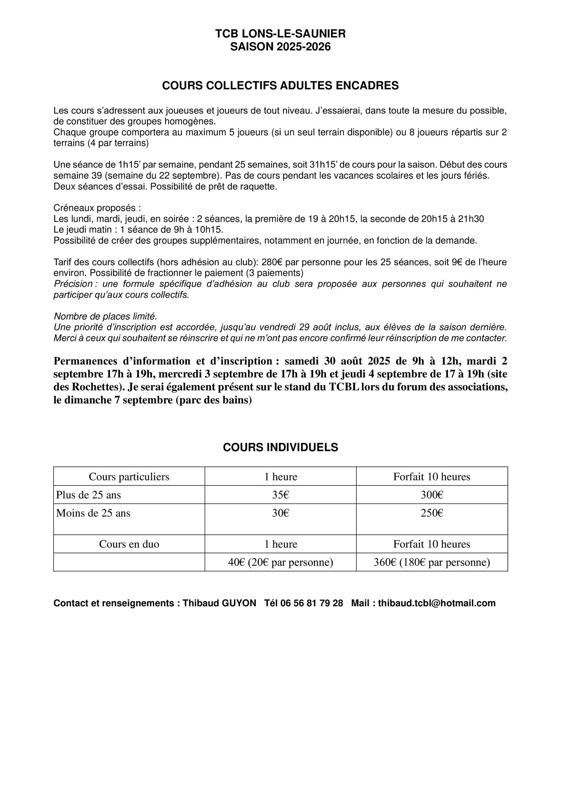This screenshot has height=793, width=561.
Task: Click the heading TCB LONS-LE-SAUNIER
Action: [280, 34]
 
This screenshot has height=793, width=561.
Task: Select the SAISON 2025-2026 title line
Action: [280, 47]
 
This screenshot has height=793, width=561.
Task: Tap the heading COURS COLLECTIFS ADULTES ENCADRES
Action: [280, 86]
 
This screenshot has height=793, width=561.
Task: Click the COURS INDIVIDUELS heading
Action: [280, 447]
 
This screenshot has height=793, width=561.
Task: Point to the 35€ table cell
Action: [280, 495]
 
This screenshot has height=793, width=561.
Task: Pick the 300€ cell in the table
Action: [432, 495]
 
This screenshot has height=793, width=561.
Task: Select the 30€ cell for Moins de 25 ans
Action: [280, 513]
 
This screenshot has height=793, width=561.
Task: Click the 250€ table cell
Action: [432, 513]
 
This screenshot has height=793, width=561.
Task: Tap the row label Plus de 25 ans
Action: [88, 495]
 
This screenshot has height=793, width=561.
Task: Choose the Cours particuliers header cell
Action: [129, 476]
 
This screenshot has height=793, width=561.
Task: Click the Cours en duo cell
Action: [129, 544]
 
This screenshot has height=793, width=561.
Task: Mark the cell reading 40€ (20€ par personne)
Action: [280, 562]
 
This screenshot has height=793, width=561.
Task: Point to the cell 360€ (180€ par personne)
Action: [432, 562]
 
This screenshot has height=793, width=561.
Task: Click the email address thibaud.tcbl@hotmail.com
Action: [437, 603]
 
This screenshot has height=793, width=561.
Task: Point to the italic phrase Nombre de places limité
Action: [105, 316]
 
